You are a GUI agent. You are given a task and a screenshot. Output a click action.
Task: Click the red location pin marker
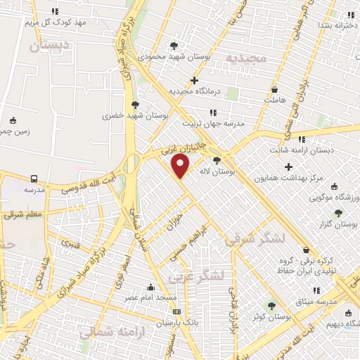181,167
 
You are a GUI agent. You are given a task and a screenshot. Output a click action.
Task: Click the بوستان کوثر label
271,317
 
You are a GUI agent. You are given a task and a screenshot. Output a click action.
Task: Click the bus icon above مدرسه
34,179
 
